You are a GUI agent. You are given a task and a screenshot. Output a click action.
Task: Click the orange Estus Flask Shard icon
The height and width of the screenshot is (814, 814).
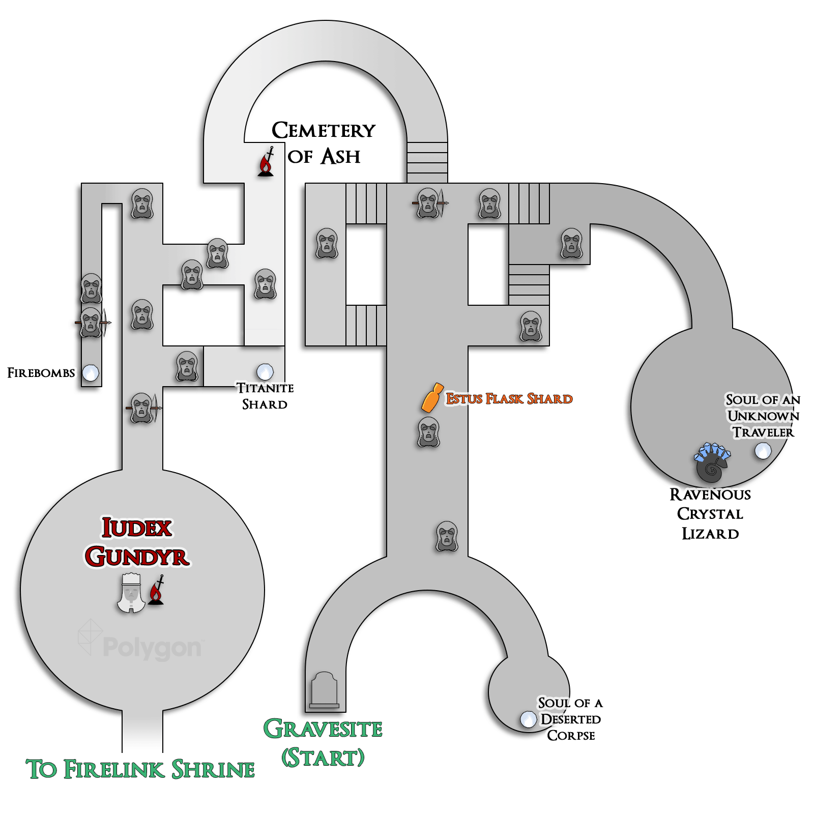pyautogui.click(x=432, y=397)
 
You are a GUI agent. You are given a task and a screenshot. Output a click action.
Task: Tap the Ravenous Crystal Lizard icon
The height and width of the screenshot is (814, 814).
pyautogui.click(x=712, y=462)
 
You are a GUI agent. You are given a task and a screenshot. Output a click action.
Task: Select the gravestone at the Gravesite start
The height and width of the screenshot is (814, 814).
pyautogui.click(x=324, y=690)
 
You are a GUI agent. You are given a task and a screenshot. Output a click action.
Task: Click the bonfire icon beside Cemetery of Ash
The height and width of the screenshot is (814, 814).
pyautogui.click(x=266, y=162)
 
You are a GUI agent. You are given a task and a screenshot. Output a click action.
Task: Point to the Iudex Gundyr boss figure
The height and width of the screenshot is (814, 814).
pyautogui.click(x=131, y=593)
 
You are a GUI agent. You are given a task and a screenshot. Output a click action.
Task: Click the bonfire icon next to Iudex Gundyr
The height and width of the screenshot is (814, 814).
pyautogui.click(x=157, y=590)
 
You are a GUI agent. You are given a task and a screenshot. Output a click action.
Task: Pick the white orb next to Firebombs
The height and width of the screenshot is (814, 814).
pyautogui.click(x=91, y=373)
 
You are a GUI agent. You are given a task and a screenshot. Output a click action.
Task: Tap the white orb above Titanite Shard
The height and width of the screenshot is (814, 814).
pyautogui.click(x=265, y=372)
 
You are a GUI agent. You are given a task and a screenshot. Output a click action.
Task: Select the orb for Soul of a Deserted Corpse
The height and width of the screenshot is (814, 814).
pyautogui.click(x=529, y=719)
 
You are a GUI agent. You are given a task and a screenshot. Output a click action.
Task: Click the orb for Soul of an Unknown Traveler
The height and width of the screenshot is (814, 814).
pyautogui.click(x=763, y=450)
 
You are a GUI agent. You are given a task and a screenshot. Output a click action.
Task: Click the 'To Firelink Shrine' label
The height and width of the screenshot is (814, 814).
pyautogui.click(x=140, y=769)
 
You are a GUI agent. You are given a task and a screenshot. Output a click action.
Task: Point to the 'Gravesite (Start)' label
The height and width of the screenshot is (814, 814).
pyautogui.click(x=323, y=743)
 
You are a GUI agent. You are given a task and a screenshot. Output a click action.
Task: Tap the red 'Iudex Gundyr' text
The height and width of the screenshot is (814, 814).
pyautogui.click(x=137, y=542)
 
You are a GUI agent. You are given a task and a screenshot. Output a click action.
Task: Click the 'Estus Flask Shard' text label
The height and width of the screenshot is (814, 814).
pyautogui.click(x=509, y=398)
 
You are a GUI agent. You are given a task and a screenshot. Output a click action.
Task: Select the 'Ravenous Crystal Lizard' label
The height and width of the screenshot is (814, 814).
pyautogui.click(x=710, y=514)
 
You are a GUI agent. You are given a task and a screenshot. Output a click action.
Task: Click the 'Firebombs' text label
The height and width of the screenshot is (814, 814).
pyautogui.click(x=41, y=373)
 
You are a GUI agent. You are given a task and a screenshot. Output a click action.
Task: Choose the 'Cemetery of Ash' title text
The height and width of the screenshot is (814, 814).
pyautogui.click(x=324, y=143)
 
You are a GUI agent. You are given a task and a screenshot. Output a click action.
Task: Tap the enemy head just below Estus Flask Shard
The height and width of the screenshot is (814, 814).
pyautogui.click(x=429, y=432)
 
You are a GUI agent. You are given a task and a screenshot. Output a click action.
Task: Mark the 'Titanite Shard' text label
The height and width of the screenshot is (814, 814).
pyautogui.click(x=265, y=396)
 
